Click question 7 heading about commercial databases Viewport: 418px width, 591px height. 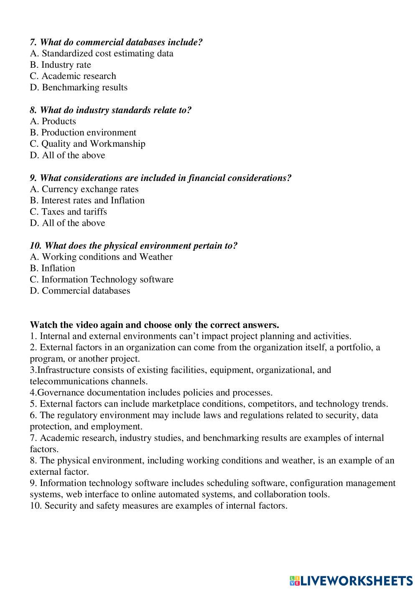point(116,42)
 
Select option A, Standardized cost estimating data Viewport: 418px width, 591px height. point(102,53)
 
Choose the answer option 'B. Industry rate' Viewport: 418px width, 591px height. point(60,65)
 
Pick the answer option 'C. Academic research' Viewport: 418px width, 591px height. point(73,76)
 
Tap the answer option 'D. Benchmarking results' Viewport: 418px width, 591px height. point(79,87)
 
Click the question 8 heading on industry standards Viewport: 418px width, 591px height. point(110,110)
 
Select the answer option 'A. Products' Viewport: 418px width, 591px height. point(53,121)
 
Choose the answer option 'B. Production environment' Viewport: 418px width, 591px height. point(83,132)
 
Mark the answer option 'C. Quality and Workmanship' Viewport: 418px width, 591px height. point(87,144)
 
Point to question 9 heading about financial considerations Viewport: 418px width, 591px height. point(161,178)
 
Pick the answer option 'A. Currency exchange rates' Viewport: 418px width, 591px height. point(84,189)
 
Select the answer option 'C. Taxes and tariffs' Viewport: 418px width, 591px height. point(68,211)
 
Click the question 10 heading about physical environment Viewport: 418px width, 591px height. point(134,245)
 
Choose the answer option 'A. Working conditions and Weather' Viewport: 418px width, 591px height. point(101,257)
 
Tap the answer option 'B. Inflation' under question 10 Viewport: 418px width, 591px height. point(52,268)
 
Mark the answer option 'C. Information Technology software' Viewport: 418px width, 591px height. point(102,279)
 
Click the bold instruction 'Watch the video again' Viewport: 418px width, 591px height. point(154,325)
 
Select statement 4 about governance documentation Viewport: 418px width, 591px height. point(151,392)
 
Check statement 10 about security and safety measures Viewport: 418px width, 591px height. point(158,505)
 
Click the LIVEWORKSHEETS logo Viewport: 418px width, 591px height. point(351,580)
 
